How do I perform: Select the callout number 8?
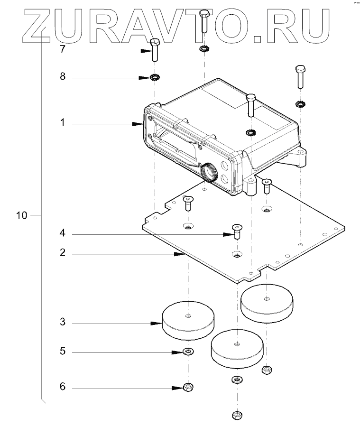coord(62,77)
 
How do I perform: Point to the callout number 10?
coord(21,215)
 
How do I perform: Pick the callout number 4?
coord(62,234)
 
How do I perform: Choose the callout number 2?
coord(62,253)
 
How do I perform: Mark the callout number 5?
coord(62,352)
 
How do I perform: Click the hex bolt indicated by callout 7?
coord(155,49)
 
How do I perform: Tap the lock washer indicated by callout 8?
coord(155,77)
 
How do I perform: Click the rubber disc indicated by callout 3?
coord(188,322)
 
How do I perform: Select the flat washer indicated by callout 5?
coord(189,352)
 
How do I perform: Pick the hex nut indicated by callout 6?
coord(188,387)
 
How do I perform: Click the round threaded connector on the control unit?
coord(207,171)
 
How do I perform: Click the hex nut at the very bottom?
coord(237,416)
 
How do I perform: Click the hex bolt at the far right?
coord(300,75)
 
